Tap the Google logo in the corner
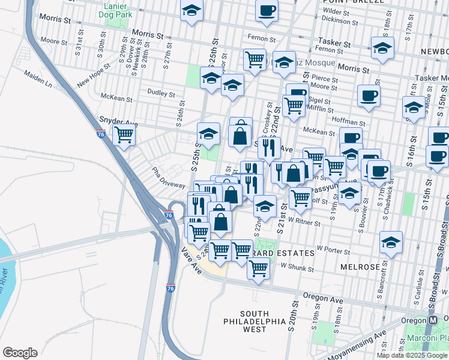20,353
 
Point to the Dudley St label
163,94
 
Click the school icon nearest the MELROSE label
391,242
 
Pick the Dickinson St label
340,19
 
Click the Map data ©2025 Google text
411,355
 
